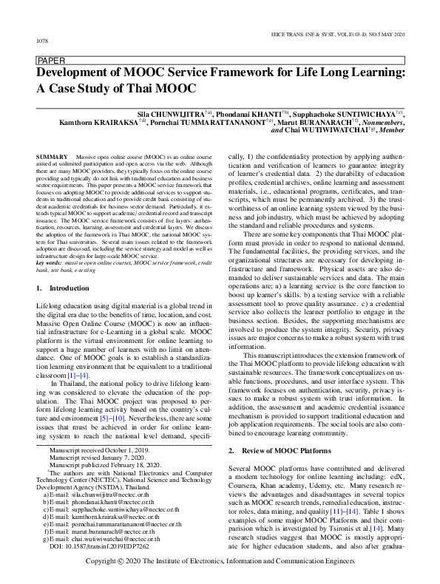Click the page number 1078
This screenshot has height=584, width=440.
coord(42,40)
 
